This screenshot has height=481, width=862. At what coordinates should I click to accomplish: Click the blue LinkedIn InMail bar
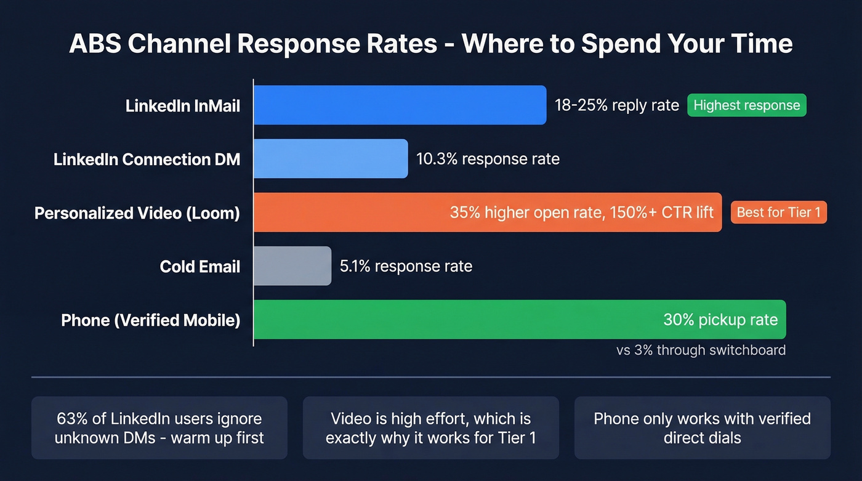coord(400,105)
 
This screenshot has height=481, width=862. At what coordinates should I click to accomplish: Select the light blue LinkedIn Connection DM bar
coord(331,159)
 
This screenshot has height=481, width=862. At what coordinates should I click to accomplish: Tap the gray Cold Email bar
coord(292,266)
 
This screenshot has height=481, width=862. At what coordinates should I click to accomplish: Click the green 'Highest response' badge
coord(746,105)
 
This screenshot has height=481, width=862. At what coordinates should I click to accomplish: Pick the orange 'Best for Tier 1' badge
coord(778,212)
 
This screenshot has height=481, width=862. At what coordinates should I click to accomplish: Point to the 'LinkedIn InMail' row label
coord(183,106)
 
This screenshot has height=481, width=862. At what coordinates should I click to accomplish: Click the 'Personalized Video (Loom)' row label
coord(137,213)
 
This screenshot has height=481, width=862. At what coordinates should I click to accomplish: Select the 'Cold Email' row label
coord(200,267)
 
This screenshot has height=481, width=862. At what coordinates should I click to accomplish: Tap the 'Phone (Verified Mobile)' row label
coord(150,320)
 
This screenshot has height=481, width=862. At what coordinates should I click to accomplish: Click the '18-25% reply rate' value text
coord(616,105)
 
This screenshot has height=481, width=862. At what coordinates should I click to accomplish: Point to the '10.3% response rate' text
coord(488,159)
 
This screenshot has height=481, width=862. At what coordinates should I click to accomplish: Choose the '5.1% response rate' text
coord(406,266)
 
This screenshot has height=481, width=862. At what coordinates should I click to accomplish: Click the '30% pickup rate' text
coord(720,320)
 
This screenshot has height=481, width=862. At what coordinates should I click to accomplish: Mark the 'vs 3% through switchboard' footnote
coord(701,350)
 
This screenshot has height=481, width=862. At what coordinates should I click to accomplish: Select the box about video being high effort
coord(430,428)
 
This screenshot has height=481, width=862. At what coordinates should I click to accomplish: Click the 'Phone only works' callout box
coord(702,428)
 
